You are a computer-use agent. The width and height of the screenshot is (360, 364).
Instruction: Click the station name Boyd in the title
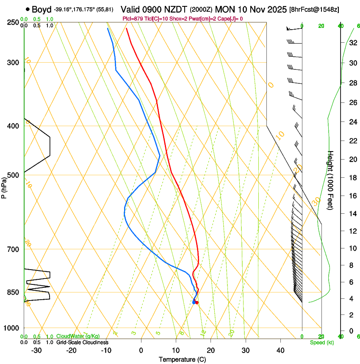point(42,9)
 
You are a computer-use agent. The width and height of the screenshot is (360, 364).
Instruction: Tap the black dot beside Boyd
point(28,9)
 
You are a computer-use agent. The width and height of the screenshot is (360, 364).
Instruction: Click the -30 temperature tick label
point(36,350)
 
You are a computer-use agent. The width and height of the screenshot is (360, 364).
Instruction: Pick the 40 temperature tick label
point(280,350)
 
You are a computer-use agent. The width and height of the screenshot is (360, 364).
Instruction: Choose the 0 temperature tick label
point(141,350)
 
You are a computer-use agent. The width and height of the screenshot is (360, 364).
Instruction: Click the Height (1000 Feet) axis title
point(331,180)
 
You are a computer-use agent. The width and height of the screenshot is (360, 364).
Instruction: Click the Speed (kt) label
point(322,342)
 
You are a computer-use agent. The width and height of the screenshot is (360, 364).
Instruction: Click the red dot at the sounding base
point(197,302)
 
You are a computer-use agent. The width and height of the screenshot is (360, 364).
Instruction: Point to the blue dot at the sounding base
point(194,302)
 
